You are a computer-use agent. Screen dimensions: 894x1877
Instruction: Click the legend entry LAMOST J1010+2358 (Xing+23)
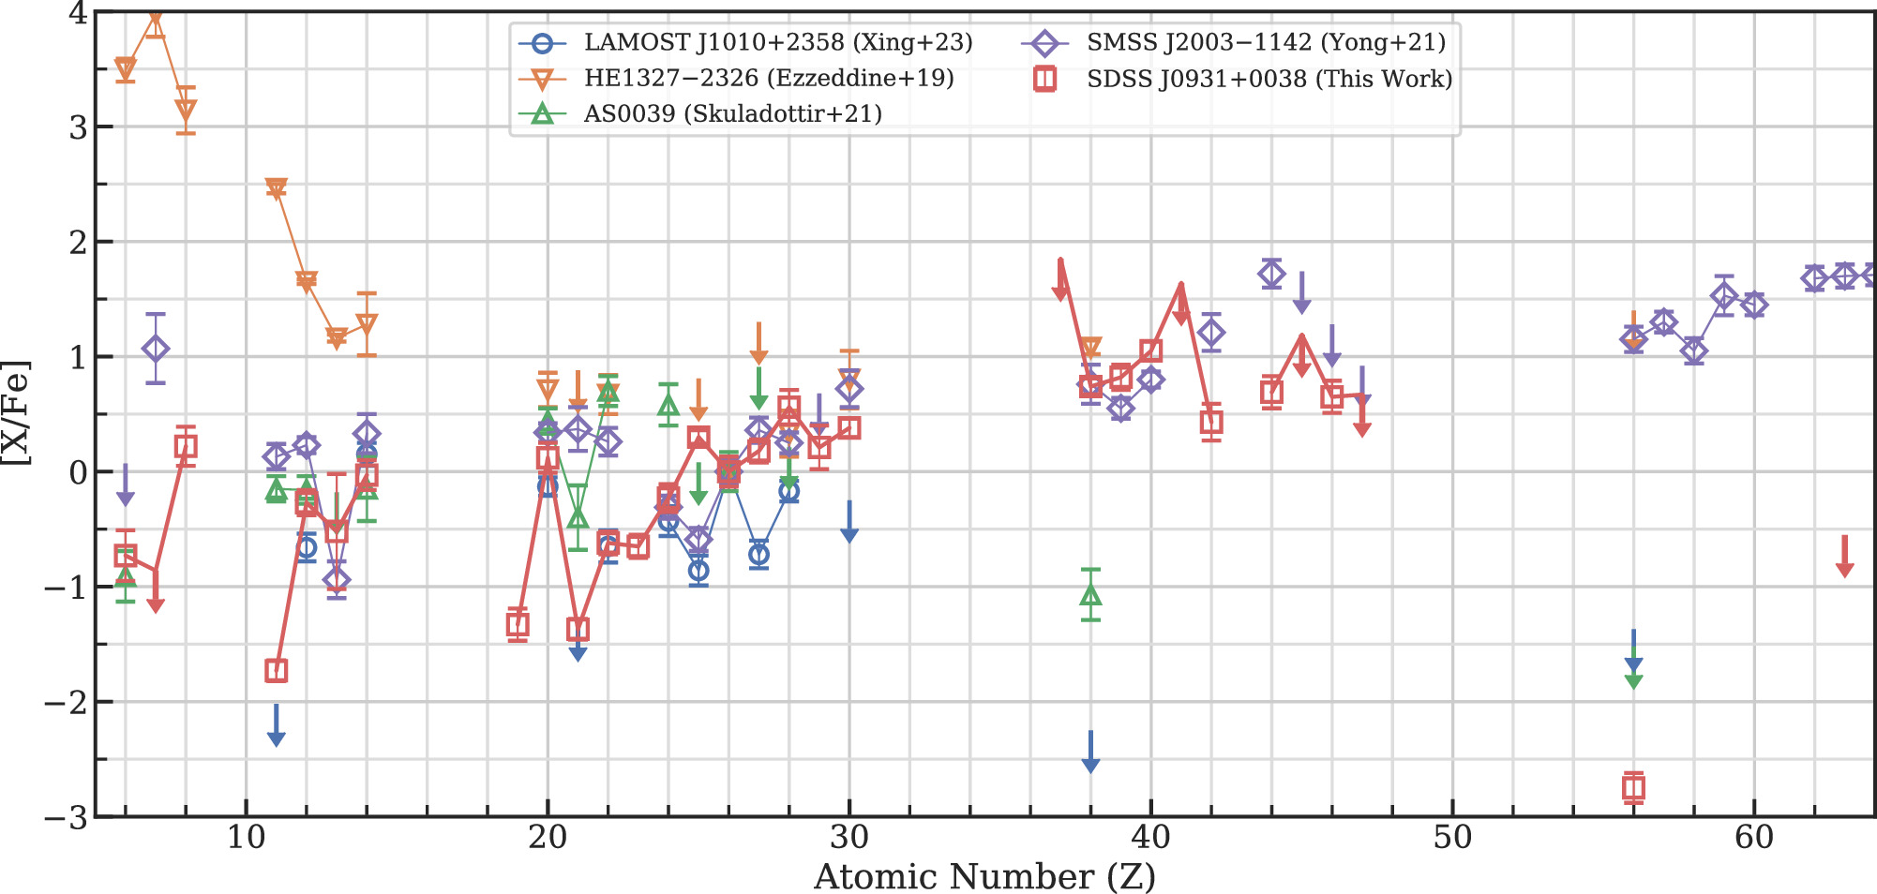tap(778, 42)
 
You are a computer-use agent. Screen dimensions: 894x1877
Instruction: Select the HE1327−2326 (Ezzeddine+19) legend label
tap(769, 78)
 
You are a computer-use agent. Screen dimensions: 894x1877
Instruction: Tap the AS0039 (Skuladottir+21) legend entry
tap(732, 113)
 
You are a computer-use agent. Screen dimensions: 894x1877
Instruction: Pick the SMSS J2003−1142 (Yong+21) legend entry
tap(1266, 42)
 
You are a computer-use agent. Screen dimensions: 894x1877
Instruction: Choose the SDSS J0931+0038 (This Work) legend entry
tap(1269, 79)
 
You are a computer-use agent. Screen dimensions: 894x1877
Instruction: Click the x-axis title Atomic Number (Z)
tap(984, 877)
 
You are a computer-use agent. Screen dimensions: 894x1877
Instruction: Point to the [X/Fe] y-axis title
tap(17, 412)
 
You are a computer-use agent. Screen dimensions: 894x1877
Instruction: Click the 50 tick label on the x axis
tap(1452, 838)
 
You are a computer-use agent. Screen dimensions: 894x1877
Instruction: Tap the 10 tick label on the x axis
tap(246, 838)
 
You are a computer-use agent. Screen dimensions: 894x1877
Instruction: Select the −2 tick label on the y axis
tap(66, 702)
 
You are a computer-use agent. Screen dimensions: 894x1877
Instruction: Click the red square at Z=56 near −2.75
tap(1633, 788)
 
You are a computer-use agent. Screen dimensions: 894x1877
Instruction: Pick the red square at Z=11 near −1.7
tap(276, 671)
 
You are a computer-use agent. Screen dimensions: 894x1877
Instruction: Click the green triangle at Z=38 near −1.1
tap(1090, 595)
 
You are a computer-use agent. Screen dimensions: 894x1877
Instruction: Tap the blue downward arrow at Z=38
tap(1090, 753)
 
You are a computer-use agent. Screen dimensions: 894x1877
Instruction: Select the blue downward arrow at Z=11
tap(276, 727)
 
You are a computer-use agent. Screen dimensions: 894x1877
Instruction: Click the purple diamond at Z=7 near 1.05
tap(156, 349)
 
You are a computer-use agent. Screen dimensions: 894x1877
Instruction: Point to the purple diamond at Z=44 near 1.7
tap(1271, 275)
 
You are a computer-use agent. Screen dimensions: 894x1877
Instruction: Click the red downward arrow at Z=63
tap(1844, 558)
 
